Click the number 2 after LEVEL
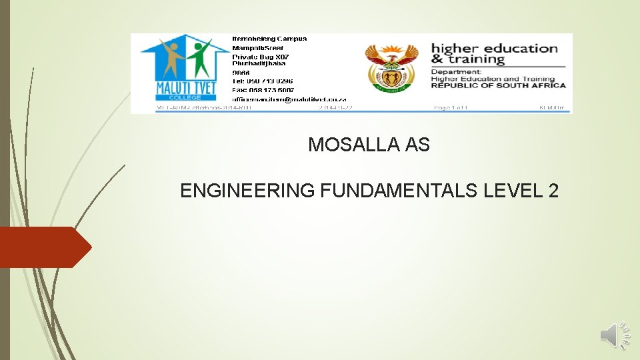click(553, 191)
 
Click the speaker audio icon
click(615, 335)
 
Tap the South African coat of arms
click(391, 68)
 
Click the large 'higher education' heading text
click(494, 48)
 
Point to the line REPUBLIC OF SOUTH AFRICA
click(498, 85)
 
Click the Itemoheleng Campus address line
click(269, 39)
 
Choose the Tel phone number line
click(263, 81)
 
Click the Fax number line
click(263, 90)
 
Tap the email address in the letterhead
click(289, 99)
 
